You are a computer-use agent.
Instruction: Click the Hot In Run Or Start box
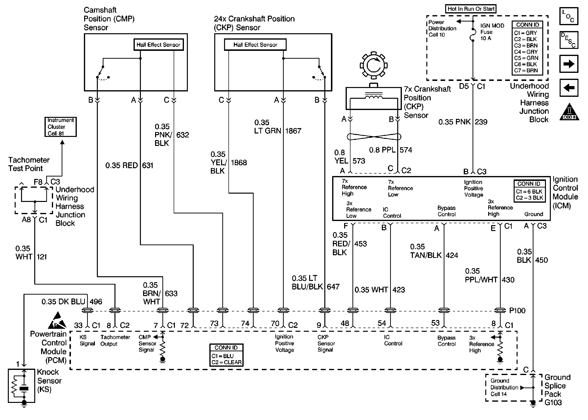coord(471,9)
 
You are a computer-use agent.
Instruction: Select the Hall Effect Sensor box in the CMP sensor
coord(158,45)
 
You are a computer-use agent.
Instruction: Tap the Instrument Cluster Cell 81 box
coord(60,127)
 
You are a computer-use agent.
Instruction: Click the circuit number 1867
coord(293,131)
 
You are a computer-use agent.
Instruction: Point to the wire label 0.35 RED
coord(122,165)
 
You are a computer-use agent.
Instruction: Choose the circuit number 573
coord(359,161)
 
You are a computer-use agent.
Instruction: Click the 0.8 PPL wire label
coord(382,150)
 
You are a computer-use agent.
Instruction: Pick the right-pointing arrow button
coord(569,64)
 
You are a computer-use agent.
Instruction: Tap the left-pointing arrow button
coord(569,88)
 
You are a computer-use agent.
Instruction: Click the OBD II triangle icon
coord(569,112)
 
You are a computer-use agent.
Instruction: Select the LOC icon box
coord(569,16)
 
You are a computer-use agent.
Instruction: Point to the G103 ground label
coord(553,402)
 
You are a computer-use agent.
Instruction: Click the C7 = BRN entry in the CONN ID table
coord(526,70)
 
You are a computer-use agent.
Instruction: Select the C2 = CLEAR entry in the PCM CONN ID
coord(226,362)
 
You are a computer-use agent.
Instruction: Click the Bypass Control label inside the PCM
coord(446,341)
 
